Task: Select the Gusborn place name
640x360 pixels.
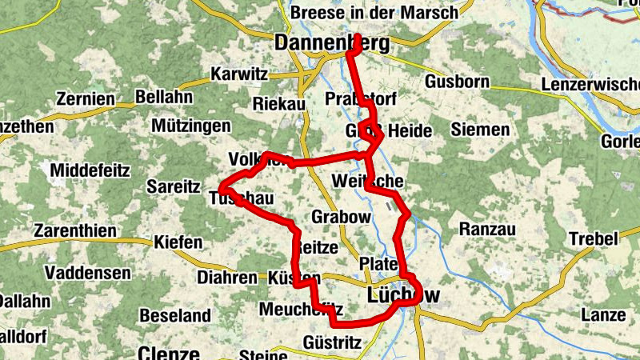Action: pyautogui.click(x=456, y=82)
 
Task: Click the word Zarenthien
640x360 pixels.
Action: pyautogui.click(x=75, y=231)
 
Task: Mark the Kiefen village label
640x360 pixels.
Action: pyautogui.click(x=178, y=241)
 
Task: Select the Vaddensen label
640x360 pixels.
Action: pyautogui.click(x=88, y=273)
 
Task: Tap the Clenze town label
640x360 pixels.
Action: pyautogui.click(x=168, y=352)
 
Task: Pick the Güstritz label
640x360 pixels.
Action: pyautogui.click(x=333, y=342)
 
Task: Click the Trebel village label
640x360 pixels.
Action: pyautogui.click(x=594, y=238)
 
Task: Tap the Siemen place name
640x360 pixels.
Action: pyautogui.click(x=480, y=129)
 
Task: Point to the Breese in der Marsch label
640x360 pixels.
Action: pyautogui.click(x=374, y=13)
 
